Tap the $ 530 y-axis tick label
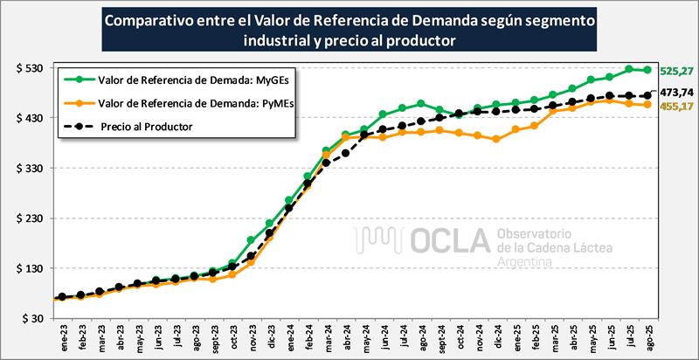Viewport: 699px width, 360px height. [29, 68]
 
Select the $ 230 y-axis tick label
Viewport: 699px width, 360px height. [29, 218]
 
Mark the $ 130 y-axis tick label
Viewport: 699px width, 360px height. [29, 269]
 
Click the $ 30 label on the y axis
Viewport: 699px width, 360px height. [31, 319]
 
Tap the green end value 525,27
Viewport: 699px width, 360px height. [675, 71]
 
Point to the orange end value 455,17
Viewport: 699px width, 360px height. [675, 106]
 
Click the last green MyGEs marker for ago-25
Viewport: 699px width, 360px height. [647, 70]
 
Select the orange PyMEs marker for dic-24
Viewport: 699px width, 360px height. [496, 139]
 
